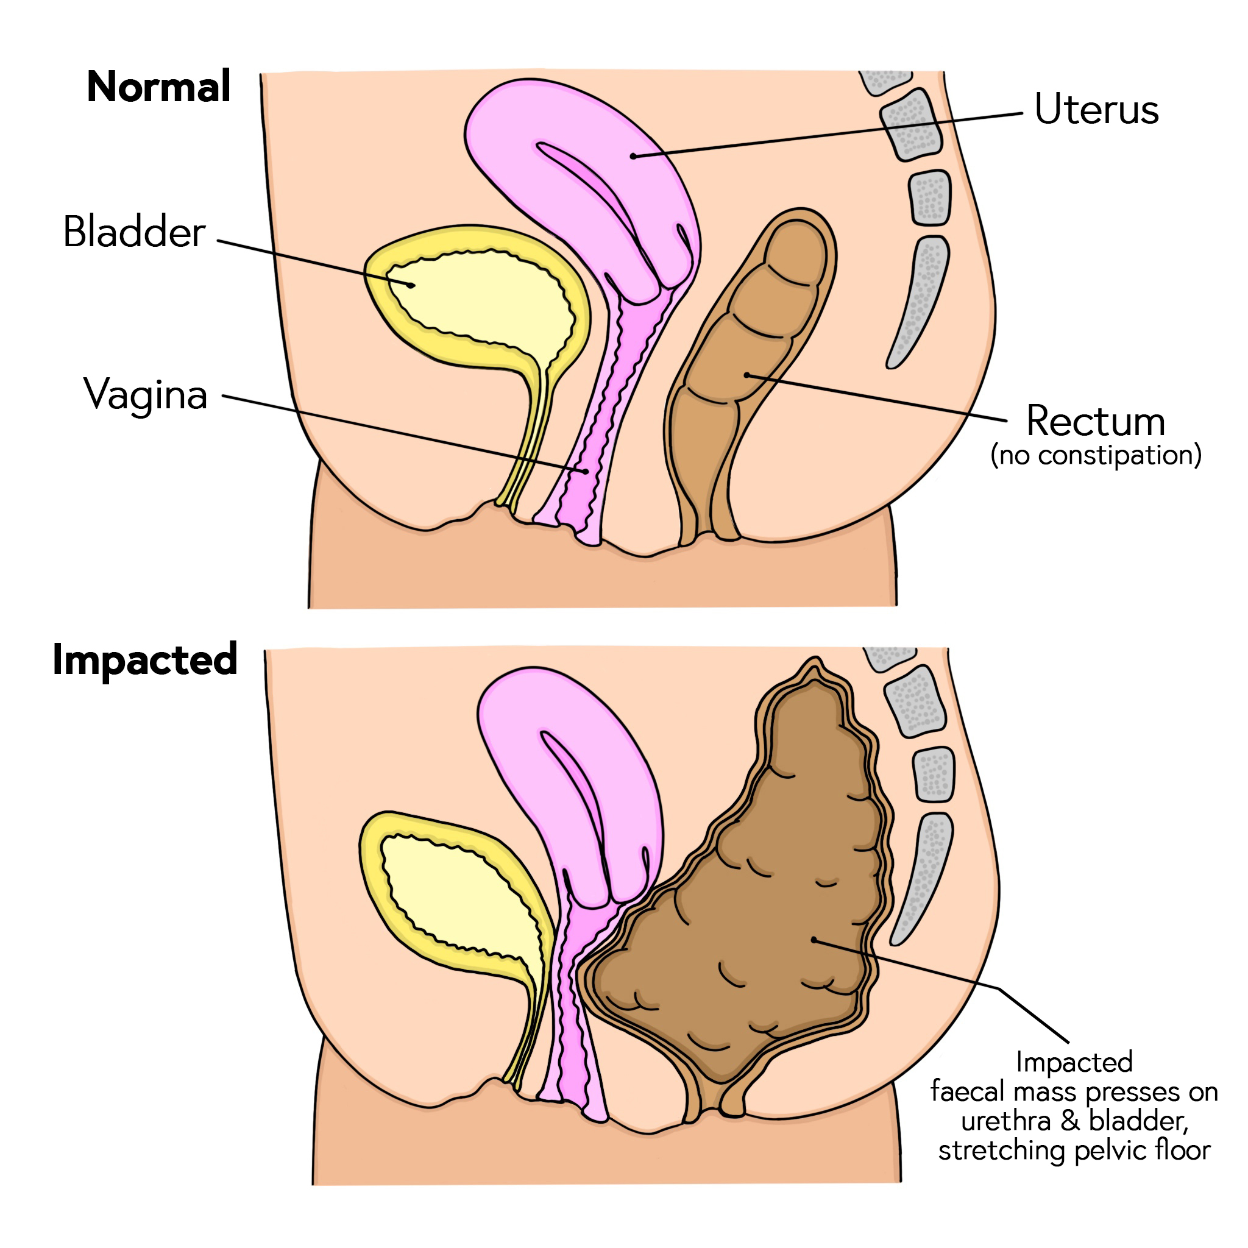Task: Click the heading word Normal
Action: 158,87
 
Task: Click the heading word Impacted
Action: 146,659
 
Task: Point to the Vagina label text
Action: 146,394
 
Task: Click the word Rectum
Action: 1096,421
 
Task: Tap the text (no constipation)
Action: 1096,455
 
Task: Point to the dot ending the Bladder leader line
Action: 411,285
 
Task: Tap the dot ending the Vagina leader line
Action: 585,471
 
